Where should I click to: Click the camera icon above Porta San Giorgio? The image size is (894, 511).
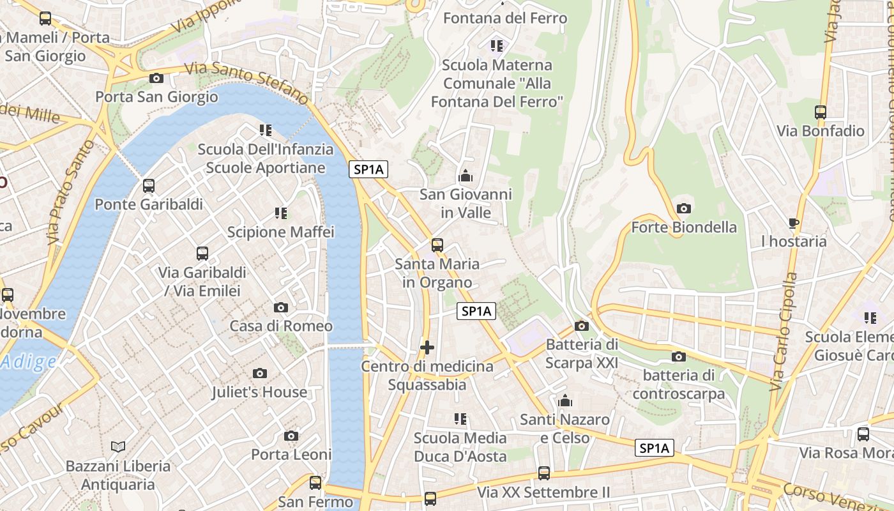coord(156,79)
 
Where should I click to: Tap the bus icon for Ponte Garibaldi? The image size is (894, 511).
coord(149,186)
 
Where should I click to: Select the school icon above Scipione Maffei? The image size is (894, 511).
coord(281,213)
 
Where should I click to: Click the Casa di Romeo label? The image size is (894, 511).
coord(281,326)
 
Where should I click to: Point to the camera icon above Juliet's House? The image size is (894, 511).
coord(260,373)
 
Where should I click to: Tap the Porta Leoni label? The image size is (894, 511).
coord(291,455)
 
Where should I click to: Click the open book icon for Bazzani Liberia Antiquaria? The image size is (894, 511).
coord(118,446)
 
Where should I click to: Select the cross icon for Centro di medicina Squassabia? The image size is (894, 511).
coord(427,348)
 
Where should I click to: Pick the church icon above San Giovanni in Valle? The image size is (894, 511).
coord(466,176)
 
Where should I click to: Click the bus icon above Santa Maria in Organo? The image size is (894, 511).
coord(437,245)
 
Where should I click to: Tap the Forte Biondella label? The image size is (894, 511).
coord(684,227)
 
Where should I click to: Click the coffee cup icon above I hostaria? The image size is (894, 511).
coord(794,223)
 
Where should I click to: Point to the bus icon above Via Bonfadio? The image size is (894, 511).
coord(821,112)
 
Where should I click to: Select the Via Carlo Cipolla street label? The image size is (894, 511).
coord(785,332)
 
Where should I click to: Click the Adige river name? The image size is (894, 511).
coord(28,362)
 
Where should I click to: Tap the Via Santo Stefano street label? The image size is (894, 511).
coord(246,83)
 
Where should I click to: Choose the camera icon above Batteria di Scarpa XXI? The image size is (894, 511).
coord(582,326)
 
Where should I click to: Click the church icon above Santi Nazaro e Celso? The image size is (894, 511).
coord(564,401)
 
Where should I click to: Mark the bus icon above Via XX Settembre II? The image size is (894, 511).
coord(544,473)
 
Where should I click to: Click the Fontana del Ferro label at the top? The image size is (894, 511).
coord(505,18)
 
